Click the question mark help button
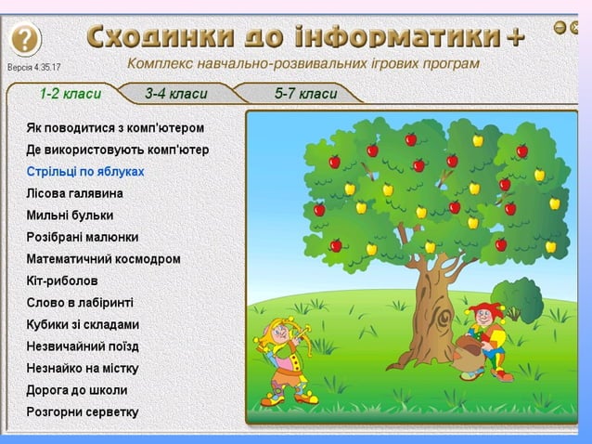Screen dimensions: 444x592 (26, 39)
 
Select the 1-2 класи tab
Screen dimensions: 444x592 (70, 94)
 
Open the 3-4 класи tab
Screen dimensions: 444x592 (176, 94)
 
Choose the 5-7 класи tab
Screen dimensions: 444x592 (305, 94)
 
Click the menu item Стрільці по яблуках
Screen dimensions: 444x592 (85, 171)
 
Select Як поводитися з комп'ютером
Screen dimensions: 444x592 (115, 127)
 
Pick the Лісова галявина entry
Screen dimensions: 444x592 (74, 193)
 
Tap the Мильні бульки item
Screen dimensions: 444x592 (71, 215)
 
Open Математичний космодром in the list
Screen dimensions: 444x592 (103, 259)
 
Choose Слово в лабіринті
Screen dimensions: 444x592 (80, 302)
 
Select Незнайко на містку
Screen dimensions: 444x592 (83, 368)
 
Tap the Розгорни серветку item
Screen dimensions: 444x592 (83, 411)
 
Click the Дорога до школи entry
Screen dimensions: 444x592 (77, 390)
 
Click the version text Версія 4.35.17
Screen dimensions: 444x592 (34, 68)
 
